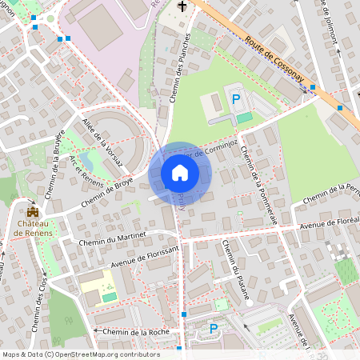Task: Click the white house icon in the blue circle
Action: pyautogui.click(x=180, y=173)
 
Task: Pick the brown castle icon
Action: pyautogui.click(x=33, y=211)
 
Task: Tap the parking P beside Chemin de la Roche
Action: pyautogui.click(x=214, y=328)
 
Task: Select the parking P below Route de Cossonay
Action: pyautogui.click(x=235, y=98)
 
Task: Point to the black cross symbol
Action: pyautogui.click(x=182, y=7)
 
